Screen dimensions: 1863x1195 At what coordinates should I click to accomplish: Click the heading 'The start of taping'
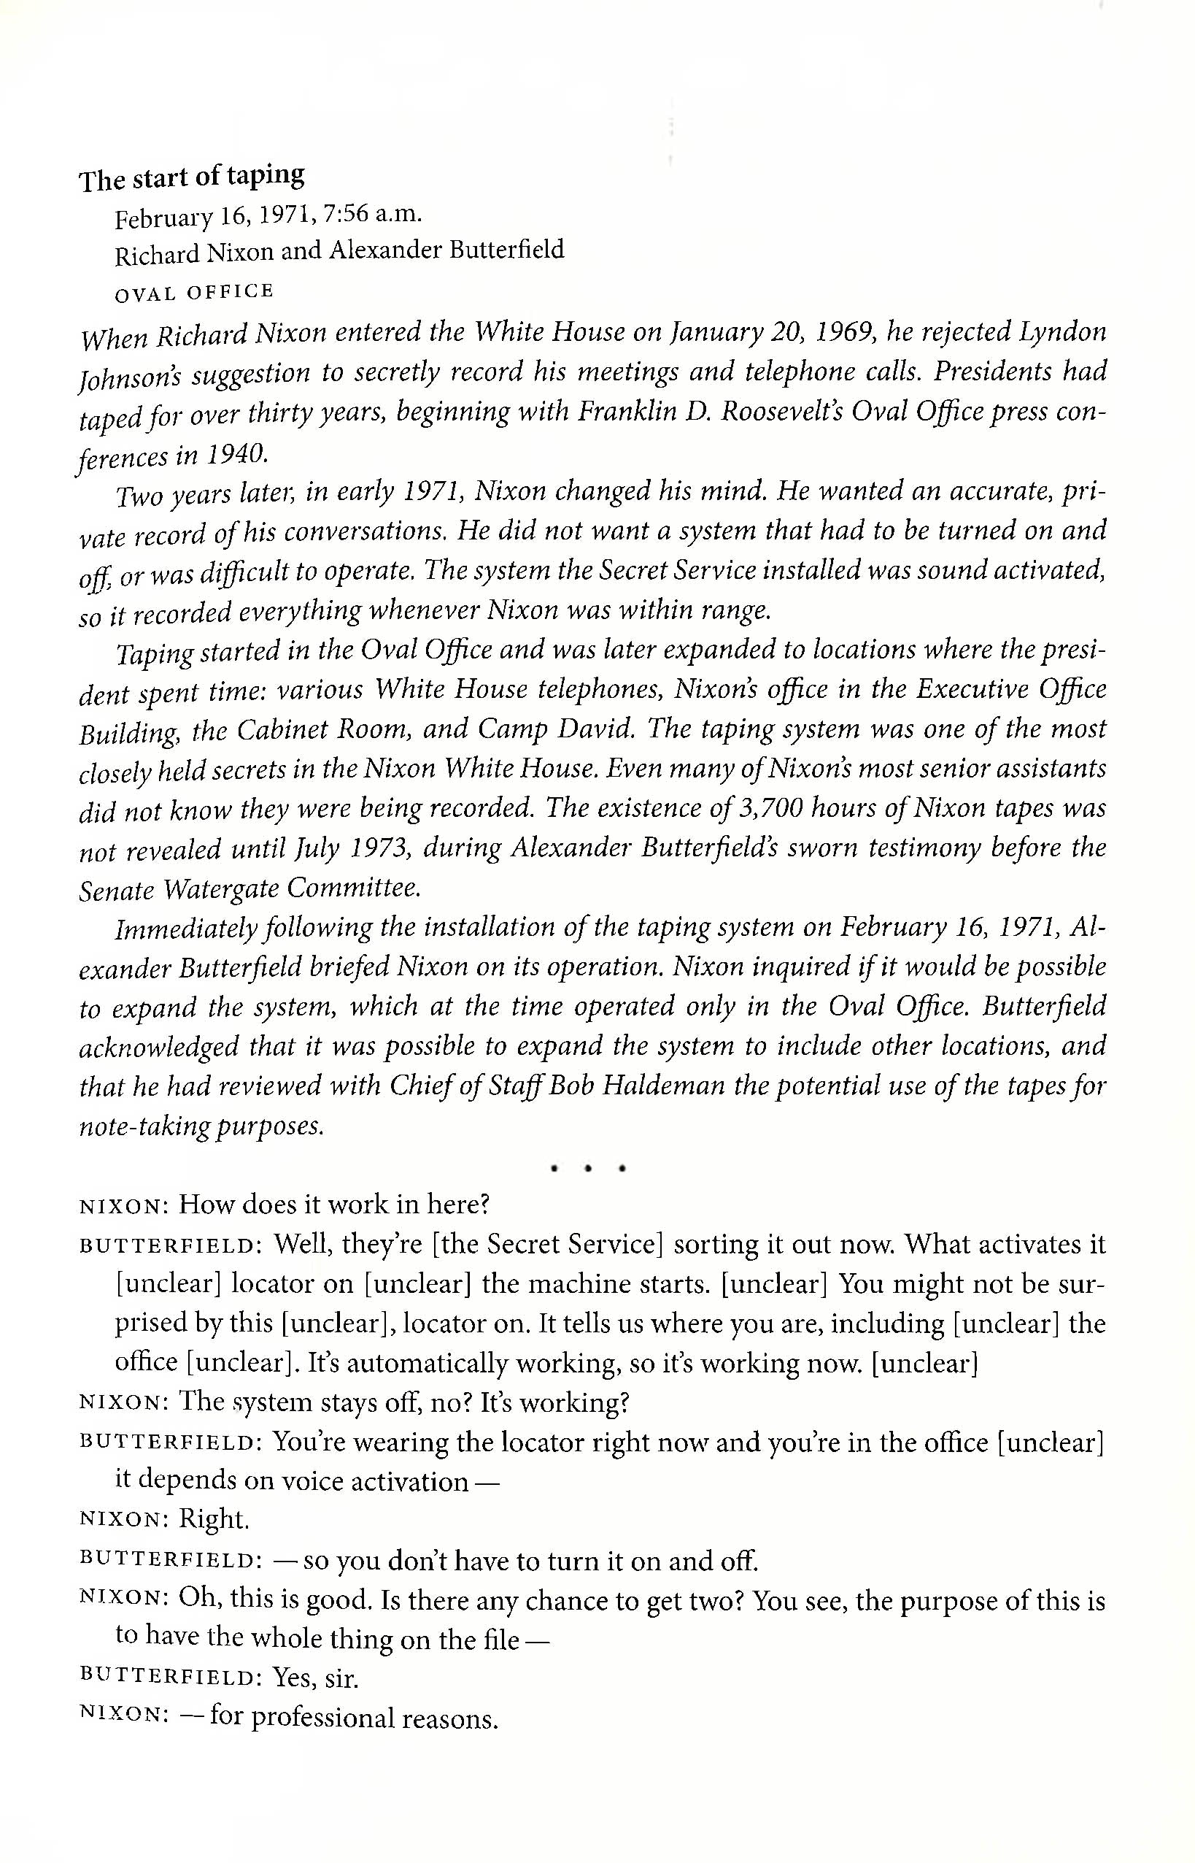click(192, 177)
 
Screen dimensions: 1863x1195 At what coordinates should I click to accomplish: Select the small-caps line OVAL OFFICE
click(194, 292)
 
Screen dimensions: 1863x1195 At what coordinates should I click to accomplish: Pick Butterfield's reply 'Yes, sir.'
click(315, 1679)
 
